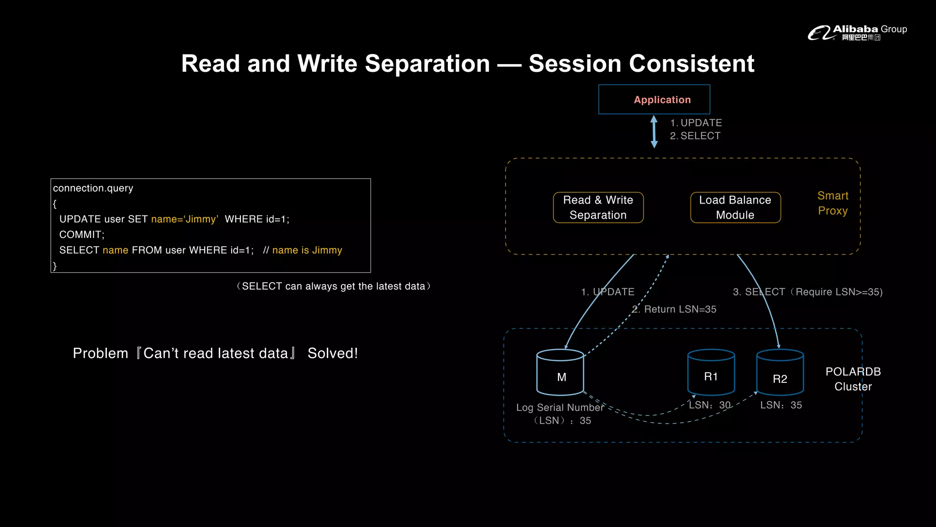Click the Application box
tap(654, 99)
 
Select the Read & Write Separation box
tap(598, 207)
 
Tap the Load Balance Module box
tap(735, 207)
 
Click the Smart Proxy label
tap(832, 203)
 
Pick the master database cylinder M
tap(560, 373)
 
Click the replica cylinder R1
tap(711, 372)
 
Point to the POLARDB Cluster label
tap(853, 379)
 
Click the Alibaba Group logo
tap(857, 32)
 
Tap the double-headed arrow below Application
tap(654, 131)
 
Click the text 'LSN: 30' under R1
tap(709, 405)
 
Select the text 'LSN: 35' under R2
tap(781, 405)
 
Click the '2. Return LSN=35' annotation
tap(674, 309)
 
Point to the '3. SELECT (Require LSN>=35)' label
tap(808, 292)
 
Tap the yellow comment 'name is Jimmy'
tap(307, 250)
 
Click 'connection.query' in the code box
tap(93, 188)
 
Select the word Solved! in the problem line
tap(333, 353)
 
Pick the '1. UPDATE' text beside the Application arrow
tap(696, 123)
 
